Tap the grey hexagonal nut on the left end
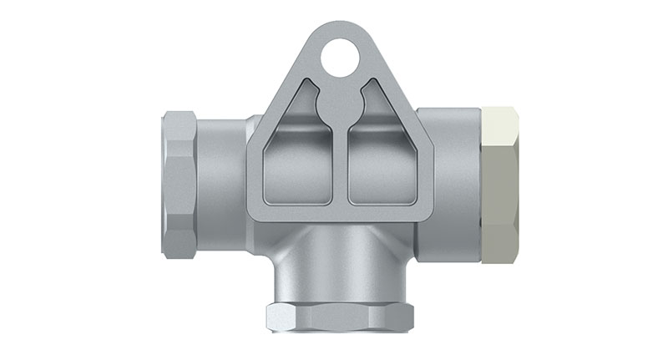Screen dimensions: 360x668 182,183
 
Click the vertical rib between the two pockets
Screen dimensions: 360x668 341,167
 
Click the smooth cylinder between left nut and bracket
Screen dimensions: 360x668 224,184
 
